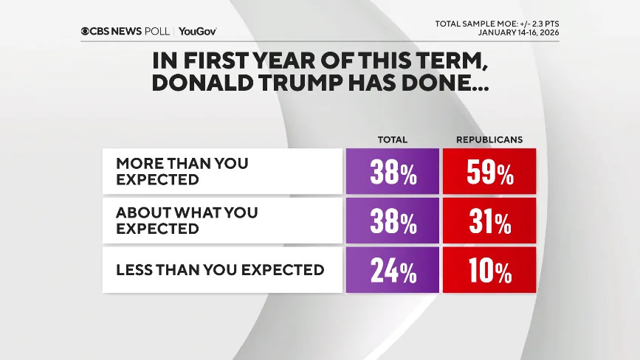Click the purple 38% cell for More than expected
coord(392,172)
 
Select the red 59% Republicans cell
coord(489,172)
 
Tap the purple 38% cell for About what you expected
coord(392,221)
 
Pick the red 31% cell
coord(489,221)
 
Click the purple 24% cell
coord(392,270)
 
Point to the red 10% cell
coord(489,270)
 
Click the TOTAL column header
coord(392,139)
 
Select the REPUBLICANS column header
coord(489,139)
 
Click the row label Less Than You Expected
coord(220,270)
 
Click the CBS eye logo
coord(86,31)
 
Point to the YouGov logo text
coord(198,31)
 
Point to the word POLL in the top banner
coord(158,31)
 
